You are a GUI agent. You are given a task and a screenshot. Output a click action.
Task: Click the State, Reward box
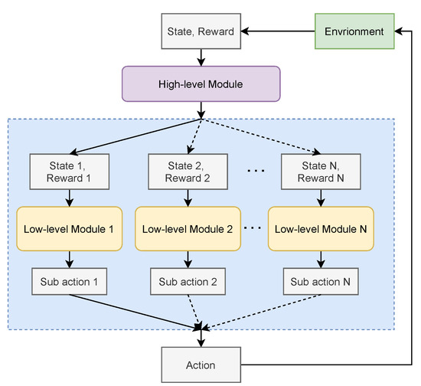tap(201, 32)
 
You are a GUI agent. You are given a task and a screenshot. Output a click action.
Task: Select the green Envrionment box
tap(354, 32)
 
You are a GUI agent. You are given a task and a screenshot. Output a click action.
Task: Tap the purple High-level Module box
tap(201, 83)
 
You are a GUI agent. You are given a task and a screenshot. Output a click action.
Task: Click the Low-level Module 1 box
tap(70, 228)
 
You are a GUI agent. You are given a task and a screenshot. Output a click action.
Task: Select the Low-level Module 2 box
tap(188, 228)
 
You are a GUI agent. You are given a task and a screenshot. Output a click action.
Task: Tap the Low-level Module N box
tap(321, 228)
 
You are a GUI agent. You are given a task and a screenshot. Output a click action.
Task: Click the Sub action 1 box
tap(70, 282)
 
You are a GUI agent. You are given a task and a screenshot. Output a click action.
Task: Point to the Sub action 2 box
tap(188, 282)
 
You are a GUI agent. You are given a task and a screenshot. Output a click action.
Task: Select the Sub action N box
tap(321, 282)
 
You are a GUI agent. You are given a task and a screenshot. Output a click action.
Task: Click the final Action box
tap(201, 365)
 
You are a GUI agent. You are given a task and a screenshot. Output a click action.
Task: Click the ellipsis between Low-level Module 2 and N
tap(253, 228)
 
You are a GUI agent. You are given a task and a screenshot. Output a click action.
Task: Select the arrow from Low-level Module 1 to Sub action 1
tap(70, 259)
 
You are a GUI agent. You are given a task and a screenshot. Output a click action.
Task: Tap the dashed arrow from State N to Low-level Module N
tap(320, 198)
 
